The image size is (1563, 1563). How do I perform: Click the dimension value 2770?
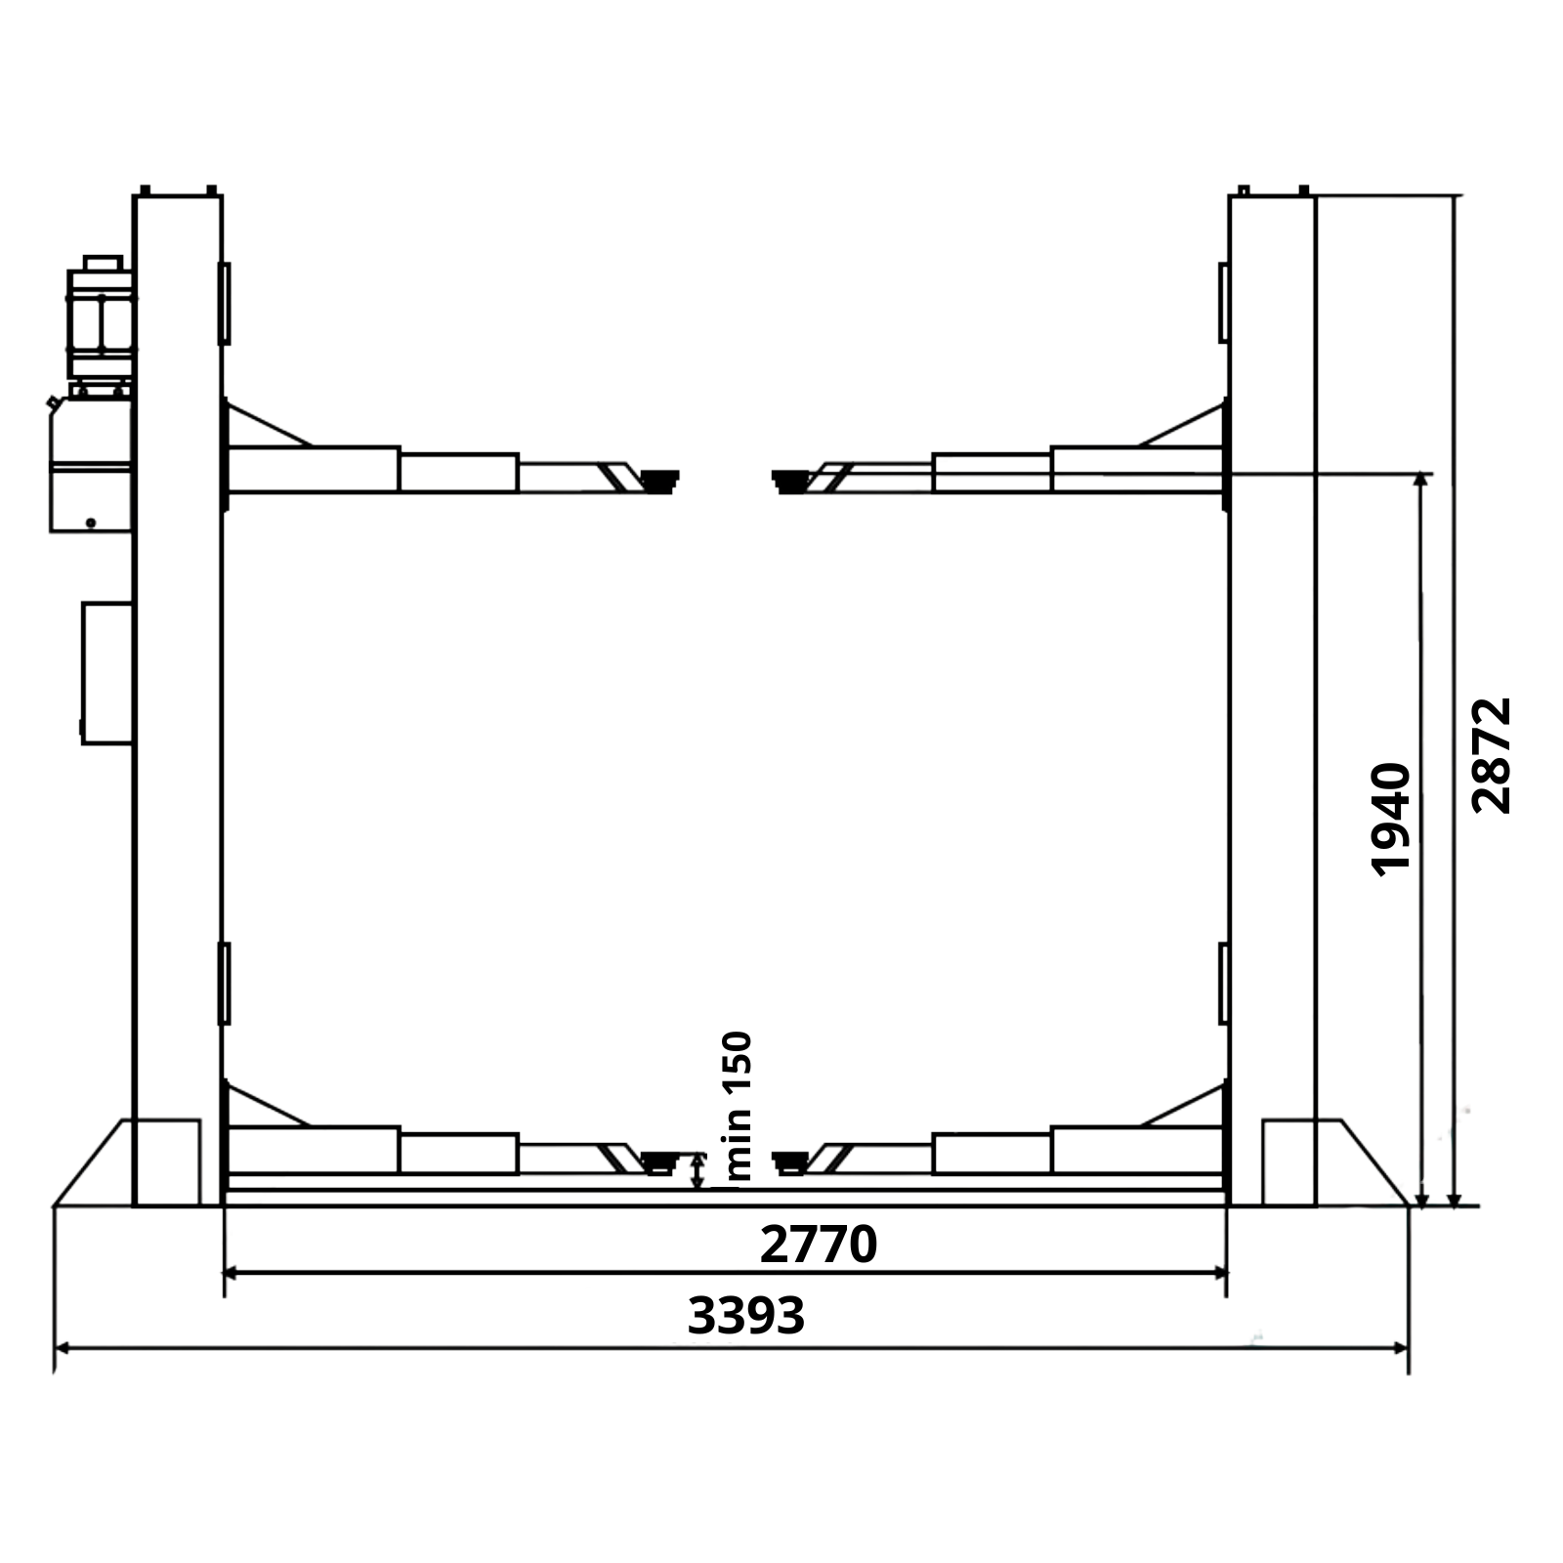point(819,1246)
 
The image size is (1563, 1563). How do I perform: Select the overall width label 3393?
point(746,1316)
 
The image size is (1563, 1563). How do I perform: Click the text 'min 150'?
point(739,1107)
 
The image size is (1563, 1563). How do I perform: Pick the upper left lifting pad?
point(659,481)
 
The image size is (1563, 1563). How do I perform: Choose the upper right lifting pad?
point(790,481)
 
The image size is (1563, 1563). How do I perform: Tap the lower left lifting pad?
point(659,1162)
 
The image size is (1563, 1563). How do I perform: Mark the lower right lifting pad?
point(790,1162)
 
